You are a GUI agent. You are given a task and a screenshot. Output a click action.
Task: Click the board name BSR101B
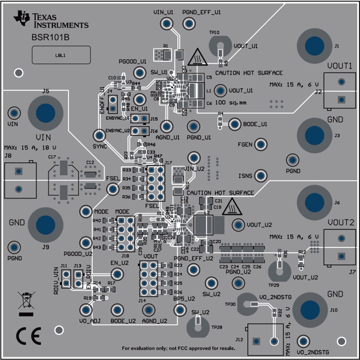[x=50, y=37]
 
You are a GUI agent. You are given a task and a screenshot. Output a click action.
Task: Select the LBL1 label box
[x=61, y=55]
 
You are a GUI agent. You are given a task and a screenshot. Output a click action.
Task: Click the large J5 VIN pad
[x=46, y=113]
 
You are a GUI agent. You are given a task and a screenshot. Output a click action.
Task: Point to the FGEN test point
[x=261, y=144]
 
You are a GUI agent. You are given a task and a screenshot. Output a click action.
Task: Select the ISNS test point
[x=261, y=176]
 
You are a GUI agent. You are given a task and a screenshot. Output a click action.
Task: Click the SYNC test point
[x=99, y=135]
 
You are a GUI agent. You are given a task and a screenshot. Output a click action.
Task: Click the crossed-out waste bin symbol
[x=26, y=300]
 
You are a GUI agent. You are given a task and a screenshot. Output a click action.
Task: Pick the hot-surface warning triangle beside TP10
[x=197, y=57]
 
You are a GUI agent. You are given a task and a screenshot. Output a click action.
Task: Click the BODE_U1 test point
[x=235, y=124]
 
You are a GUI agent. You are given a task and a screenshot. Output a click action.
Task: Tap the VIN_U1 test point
[x=167, y=24]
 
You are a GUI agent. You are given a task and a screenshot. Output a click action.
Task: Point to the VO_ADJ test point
[x=86, y=310]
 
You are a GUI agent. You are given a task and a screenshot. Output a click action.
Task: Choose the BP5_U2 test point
[x=180, y=309]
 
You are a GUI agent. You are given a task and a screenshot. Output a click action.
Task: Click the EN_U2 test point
[x=117, y=274]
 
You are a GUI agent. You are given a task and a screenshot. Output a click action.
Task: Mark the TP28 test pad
[x=198, y=327]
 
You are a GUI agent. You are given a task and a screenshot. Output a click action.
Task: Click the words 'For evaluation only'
[x=143, y=348]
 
